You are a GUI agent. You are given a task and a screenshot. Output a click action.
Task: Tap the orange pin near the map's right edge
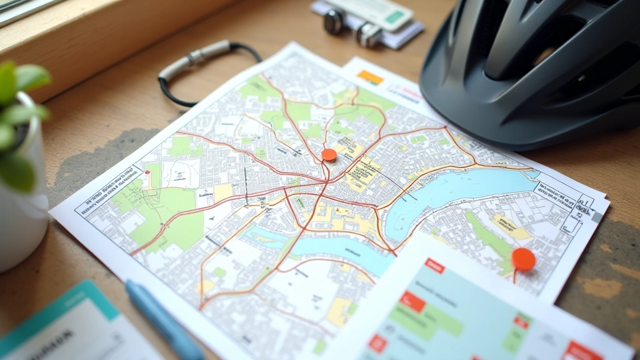point(523,259)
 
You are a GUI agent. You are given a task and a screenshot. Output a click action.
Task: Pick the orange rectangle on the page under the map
point(370,77)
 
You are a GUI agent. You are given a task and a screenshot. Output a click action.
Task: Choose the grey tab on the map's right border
point(596,216)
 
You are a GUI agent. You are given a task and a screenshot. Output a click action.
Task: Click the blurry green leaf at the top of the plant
point(31,77)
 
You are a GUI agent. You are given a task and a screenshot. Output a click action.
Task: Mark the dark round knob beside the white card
point(334,22)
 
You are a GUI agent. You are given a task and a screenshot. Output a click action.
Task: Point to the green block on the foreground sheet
point(437,319)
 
